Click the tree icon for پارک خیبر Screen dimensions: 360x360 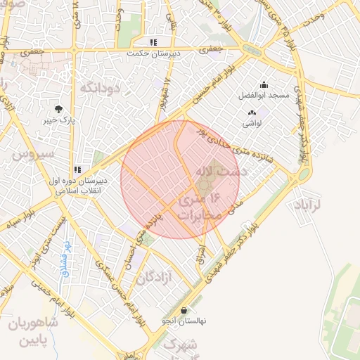tap(58, 109)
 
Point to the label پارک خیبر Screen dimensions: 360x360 tap(58, 120)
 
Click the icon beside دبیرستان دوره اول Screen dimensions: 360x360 tap(78, 169)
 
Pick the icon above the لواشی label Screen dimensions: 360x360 tap(252, 112)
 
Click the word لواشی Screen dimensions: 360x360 tap(252, 123)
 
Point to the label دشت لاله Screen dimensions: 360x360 tap(219, 170)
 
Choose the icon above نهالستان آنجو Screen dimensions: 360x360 tap(184, 310)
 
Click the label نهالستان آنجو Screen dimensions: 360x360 tap(184, 321)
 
